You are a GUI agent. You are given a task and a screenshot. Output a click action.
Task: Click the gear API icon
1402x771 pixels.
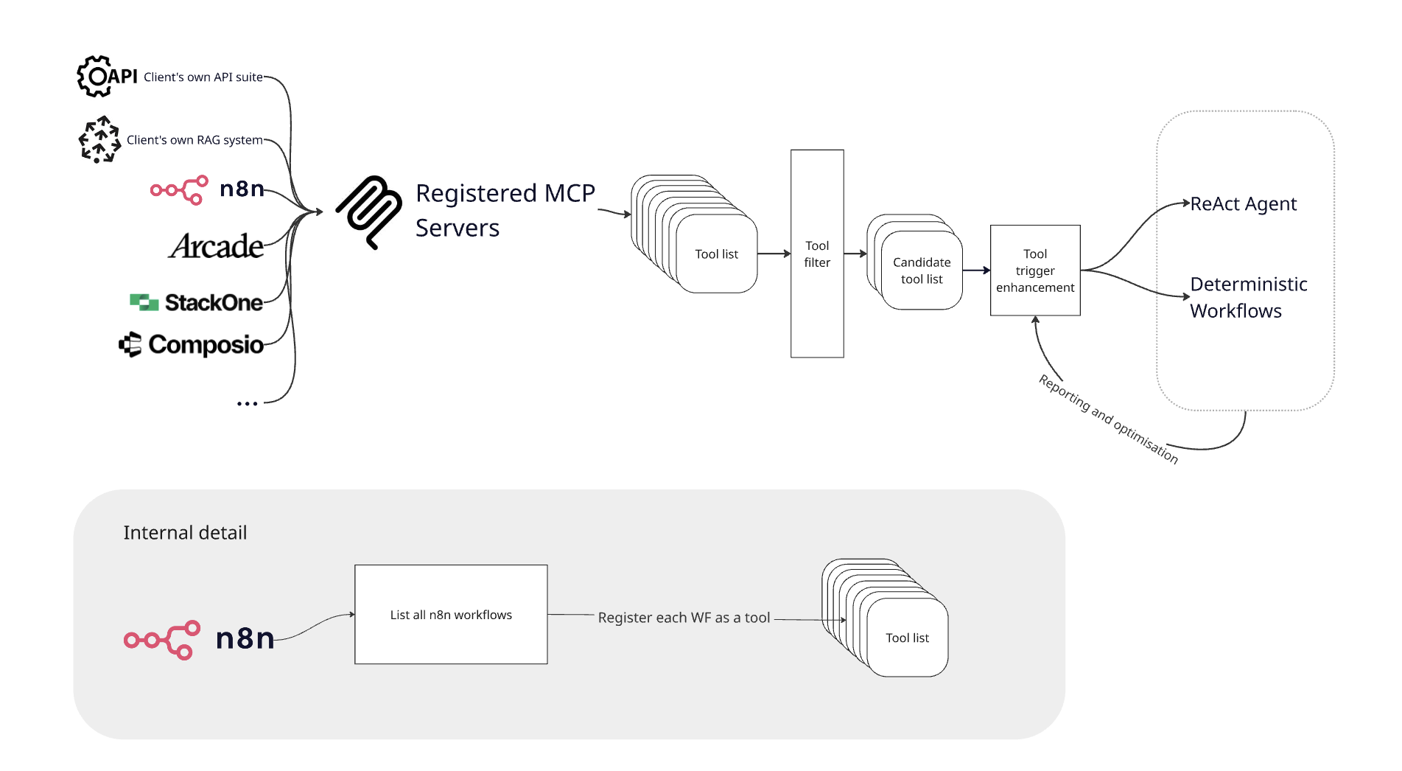click(97, 76)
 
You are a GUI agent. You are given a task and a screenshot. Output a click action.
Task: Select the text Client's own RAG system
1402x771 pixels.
click(194, 140)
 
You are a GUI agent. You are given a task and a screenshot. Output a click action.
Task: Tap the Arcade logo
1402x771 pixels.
click(216, 246)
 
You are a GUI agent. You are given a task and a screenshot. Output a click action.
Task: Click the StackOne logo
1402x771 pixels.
click(196, 302)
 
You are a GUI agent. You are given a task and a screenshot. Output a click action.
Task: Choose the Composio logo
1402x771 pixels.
click(192, 344)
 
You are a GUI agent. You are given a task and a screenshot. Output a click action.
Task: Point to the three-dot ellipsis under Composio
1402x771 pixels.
click(248, 404)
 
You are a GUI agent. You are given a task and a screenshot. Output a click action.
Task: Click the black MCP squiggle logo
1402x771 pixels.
click(369, 212)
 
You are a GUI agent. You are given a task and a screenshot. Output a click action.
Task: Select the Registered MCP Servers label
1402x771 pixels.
click(505, 211)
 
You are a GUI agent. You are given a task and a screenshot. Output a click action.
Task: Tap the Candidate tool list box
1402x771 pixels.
click(922, 271)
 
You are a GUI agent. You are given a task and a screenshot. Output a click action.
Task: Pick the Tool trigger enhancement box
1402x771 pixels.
click(1035, 271)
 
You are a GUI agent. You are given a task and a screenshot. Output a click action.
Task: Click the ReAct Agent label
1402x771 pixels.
click(1244, 204)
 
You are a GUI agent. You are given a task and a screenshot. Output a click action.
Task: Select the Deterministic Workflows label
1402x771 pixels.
click(1249, 297)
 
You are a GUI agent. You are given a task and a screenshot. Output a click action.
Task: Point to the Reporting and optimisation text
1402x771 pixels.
click(1108, 419)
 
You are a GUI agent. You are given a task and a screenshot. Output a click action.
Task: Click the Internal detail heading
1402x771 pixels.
click(185, 533)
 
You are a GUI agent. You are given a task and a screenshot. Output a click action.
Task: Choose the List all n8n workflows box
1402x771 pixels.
click(451, 615)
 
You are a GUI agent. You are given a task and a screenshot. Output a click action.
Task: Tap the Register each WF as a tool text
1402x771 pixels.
click(684, 618)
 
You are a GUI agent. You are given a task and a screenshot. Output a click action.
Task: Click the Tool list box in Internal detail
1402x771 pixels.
click(907, 638)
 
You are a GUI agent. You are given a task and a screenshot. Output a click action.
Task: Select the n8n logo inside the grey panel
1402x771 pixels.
click(199, 638)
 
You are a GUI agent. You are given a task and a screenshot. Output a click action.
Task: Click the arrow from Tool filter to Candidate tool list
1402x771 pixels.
click(855, 254)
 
